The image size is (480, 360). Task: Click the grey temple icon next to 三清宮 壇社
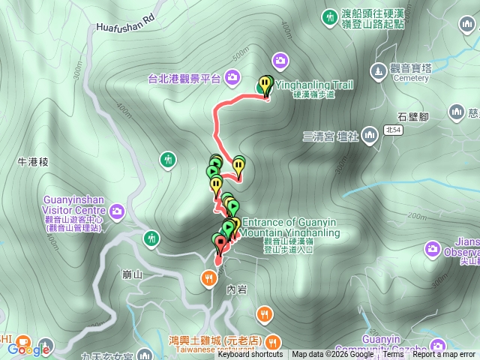[369, 136]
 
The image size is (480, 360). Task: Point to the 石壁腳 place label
[412, 116]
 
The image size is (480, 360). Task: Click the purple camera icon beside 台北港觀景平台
[232, 76]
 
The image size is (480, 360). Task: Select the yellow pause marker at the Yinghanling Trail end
[265, 85]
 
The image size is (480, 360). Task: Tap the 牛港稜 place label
[33, 161]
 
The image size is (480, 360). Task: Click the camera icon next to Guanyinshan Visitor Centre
[116, 212]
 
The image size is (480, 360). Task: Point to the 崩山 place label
[132, 274]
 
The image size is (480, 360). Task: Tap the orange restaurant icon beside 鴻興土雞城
[264, 313]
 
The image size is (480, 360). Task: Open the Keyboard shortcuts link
[250, 355]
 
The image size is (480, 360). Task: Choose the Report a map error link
[444, 355]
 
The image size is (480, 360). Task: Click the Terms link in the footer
[393, 355]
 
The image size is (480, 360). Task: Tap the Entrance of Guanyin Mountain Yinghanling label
[291, 227]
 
